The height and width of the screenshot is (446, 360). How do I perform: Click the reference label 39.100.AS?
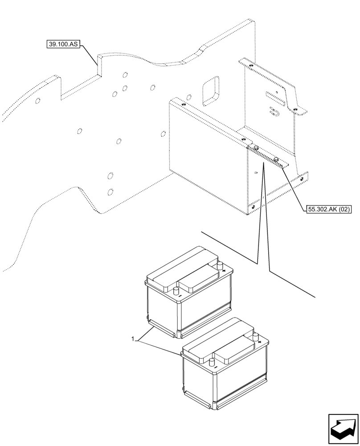tap(62, 44)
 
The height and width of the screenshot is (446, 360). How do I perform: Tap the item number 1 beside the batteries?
tap(133, 339)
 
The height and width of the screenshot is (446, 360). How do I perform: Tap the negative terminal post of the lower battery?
tap(212, 363)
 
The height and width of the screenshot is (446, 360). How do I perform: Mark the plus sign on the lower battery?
tap(259, 342)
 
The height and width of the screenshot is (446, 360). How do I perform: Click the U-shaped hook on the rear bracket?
tap(273, 111)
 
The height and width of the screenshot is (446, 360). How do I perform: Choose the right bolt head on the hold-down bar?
tap(276, 159)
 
